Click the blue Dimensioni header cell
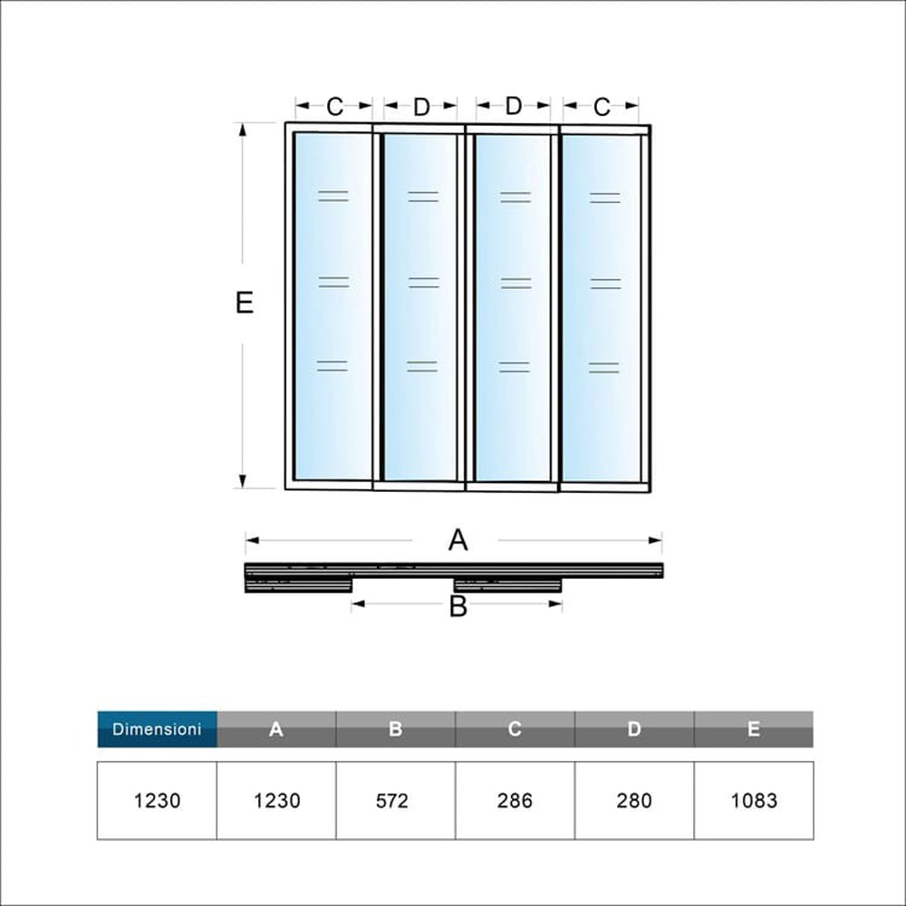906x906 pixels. [x=157, y=728]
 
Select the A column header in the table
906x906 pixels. [x=276, y=728]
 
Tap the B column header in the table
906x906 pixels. [x=395, y=728]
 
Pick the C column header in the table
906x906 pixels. [x=515, y=728]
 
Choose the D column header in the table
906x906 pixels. [x=634, y=728]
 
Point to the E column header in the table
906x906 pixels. [x=754, y=728]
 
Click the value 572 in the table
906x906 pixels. [x=395, y=801]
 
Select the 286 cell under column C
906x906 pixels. [x=515, y=801]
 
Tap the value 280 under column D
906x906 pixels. [x=634, y=801]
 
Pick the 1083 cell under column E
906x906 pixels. [x=754, y=801]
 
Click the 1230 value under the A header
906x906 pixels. [x=276, y=801]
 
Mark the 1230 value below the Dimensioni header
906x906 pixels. [x=157, y=801]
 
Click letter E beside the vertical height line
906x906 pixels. [x=244, y=303]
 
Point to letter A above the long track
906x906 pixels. [x=458, y=541]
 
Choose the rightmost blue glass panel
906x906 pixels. [x=602, y=308]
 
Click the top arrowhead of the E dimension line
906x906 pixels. [x=243, y=128]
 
